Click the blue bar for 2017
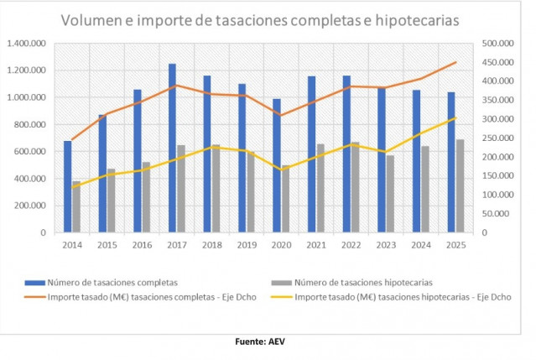point(172,148)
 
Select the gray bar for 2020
point(285,199)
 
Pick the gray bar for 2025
point(460,185)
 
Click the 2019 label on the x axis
point(246,245)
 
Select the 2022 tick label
point(351,245)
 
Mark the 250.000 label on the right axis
point(502,138)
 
